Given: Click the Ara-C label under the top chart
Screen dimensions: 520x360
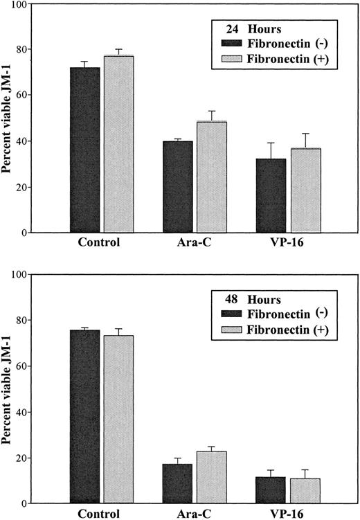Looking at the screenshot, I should pos(196,244).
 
